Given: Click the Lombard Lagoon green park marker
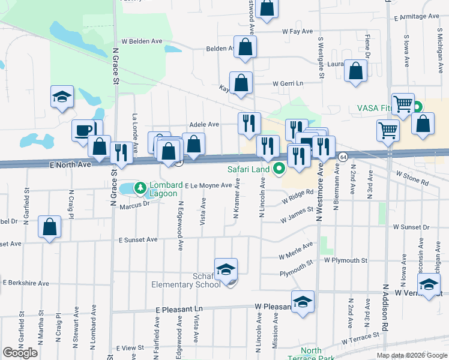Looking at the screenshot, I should [140, 188].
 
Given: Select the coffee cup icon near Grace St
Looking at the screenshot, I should [83, 130].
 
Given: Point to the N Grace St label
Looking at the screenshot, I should [113, 66].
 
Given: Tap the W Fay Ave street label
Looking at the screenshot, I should [298, 31].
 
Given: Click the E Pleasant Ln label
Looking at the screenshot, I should [180, 309].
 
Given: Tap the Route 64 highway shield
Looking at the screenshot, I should [342, 156].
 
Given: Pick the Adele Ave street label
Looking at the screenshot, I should [204, 124].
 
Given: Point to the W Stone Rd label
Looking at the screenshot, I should [412, 178].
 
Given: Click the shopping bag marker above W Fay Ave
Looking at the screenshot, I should [268, 8].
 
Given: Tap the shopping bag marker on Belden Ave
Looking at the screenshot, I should [246, 47].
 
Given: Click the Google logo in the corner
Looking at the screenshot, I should [20, 352].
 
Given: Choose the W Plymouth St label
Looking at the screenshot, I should [345, 260].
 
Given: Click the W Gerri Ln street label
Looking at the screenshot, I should [288, 83].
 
